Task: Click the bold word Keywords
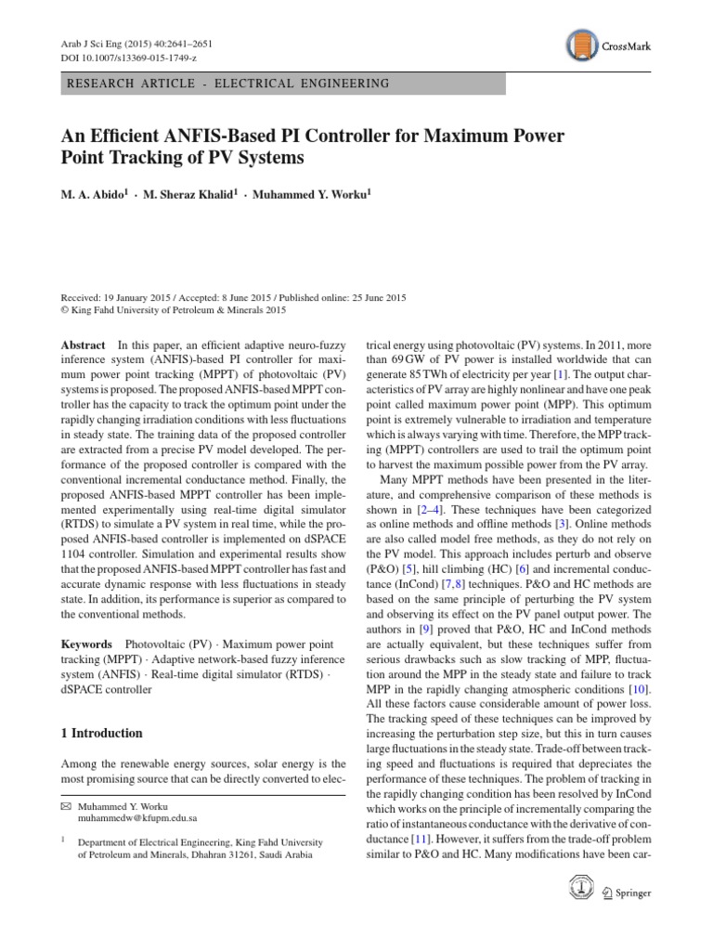[x=85, y=645]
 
